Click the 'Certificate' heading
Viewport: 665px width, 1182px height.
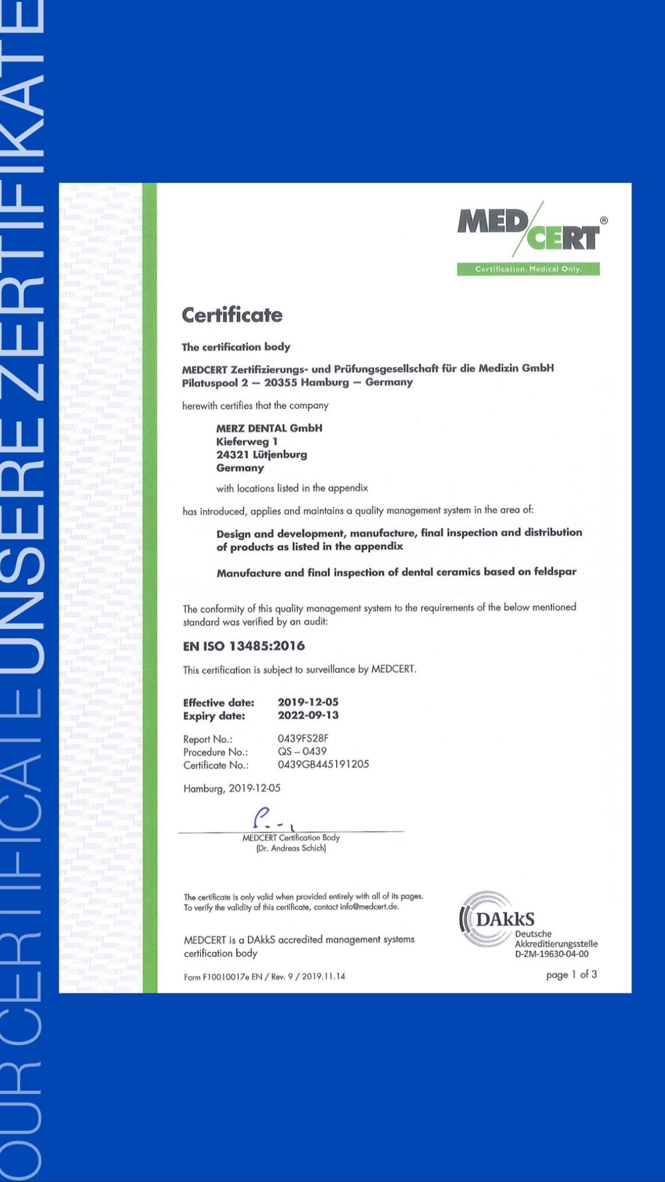[x=232, y=315]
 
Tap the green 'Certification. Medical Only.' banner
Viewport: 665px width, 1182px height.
[x=528, y=269]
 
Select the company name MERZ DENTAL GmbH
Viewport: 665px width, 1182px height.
[x=269, y=428]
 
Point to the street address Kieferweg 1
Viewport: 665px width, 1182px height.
[x=247, y=442]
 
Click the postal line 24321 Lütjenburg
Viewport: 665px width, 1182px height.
[x=262, y=455]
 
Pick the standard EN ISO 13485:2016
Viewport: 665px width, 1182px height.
[x=244, y=646]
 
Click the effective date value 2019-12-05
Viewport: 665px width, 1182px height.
[x=308, y=702]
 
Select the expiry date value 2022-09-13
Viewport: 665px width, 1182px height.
[x=308, y=715]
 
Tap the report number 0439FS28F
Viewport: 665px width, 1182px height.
[x=303, y=738]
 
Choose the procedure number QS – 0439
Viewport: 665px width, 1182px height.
[x=302, y=751]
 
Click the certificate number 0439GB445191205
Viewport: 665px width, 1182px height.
[x=323, y=764]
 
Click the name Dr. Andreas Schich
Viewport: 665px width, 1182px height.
[x=291, y=848]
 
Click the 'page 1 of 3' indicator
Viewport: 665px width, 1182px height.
[x=571, y=974]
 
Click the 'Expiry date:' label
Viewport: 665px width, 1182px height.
[x=214, y=716]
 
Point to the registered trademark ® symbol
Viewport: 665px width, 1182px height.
[x=604, y=220]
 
